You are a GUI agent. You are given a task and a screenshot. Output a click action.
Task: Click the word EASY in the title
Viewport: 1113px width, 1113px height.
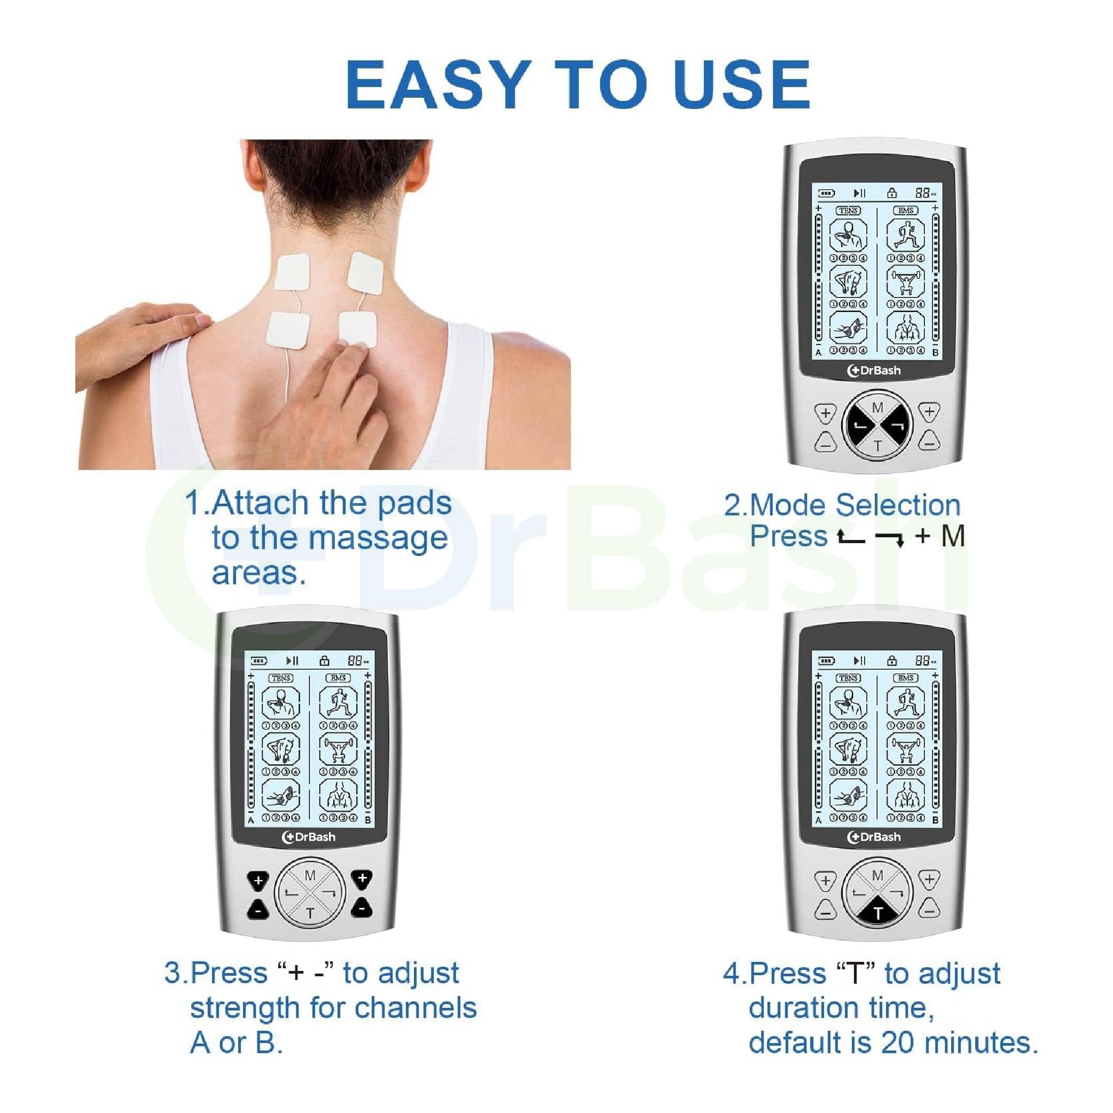pyautogui.click(x=437, y=85)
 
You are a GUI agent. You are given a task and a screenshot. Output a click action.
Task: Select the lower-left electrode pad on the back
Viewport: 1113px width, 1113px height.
pyautogui.click(x=287, y=330)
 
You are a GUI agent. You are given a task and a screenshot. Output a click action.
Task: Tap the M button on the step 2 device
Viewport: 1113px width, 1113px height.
pyautogui.click(x=877, y=408)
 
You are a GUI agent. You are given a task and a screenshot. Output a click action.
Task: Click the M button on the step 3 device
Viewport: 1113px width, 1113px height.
pyautogui.click(x=310, y=876)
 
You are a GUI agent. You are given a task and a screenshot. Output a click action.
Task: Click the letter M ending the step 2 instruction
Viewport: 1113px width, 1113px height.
pyautogui.click(x=953, y=536)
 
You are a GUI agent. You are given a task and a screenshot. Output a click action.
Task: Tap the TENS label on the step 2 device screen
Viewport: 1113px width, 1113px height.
pyautogui.click(x=848, y=211)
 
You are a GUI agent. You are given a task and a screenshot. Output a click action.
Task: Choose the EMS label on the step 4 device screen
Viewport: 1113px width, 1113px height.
pyautogui.click(x=906, y=678)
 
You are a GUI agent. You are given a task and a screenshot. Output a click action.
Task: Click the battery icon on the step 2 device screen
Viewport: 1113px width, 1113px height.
pyautogui.click(x=827, y=193)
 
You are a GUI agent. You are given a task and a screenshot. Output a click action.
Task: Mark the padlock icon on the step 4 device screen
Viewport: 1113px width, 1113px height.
pyautogui.click(x=892, y=660)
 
